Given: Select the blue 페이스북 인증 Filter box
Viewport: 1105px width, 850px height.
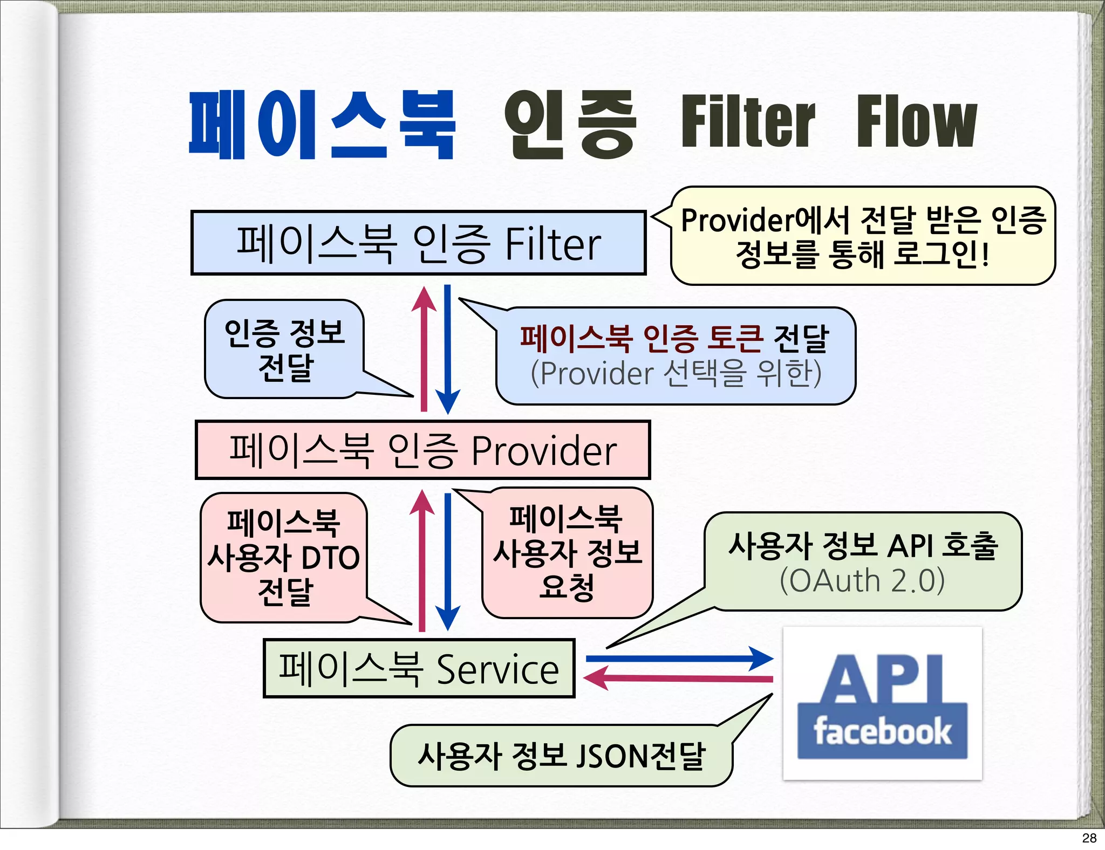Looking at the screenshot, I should (x=418, y=243).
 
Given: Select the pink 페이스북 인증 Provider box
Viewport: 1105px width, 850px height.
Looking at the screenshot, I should (x=422, y=450).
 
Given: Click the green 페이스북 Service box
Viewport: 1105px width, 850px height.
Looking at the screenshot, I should (x=419, y=668).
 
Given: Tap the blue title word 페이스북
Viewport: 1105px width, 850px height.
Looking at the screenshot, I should (x=322, y=125).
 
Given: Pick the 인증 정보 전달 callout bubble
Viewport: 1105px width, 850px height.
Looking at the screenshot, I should (x=284, y=349).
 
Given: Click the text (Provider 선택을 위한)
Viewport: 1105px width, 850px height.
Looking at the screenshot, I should (x=676, y=373).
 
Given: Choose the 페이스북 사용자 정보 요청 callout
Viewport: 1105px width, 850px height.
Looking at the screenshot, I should (x=567, y=552).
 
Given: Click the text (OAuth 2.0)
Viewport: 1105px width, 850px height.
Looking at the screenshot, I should (x=862, y=581).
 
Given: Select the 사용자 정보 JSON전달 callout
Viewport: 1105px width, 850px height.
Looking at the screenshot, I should (x=561, y=755).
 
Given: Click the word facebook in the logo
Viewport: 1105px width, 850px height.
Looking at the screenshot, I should (x=882, y=732).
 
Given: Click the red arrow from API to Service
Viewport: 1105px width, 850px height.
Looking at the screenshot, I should (x=680, y=678).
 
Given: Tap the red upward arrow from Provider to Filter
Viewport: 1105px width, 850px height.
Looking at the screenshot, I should (x=424, y=351).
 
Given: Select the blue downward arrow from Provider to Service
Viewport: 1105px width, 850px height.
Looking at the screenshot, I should (x=448, y=561).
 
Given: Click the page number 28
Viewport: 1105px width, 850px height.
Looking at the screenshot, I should (x=1089, y=838).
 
